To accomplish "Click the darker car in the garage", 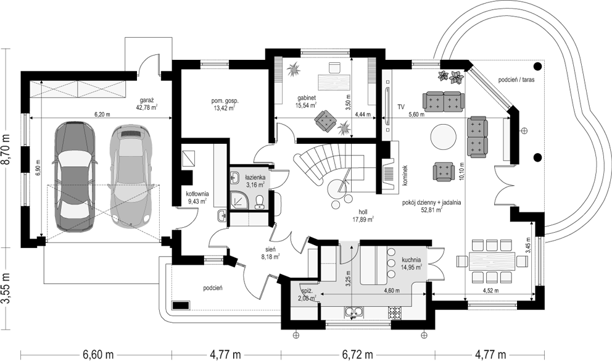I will click(x=73, y=176).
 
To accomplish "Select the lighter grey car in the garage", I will click(x=130, y=176).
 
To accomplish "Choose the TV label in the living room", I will click(x=400, y=107).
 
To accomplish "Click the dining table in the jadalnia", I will click(x=492, y=260).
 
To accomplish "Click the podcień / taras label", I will click(x=518, y=80).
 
